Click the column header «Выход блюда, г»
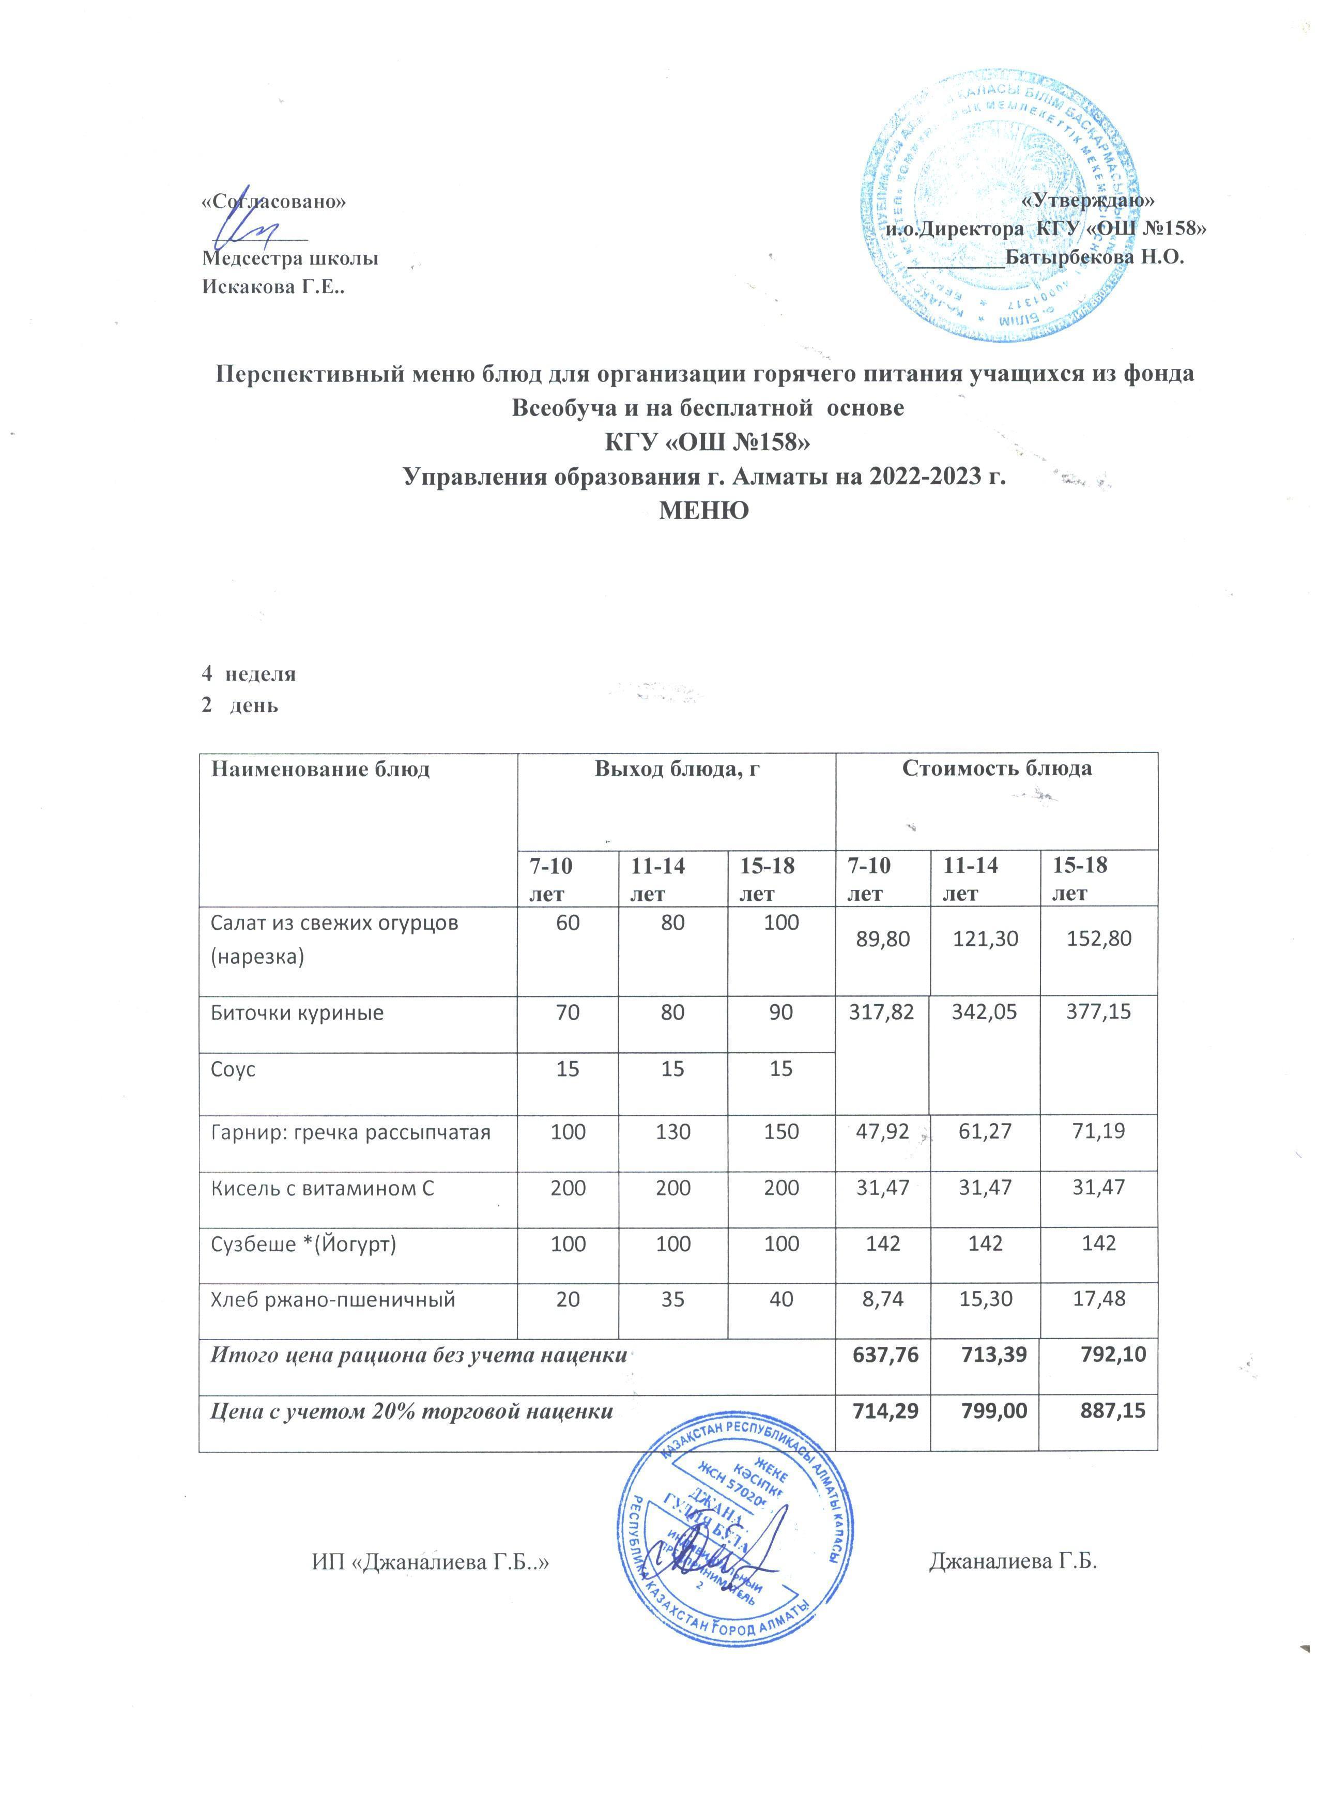point(676,769)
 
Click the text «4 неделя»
point(249,673)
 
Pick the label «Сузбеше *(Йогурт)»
point(303,1244)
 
